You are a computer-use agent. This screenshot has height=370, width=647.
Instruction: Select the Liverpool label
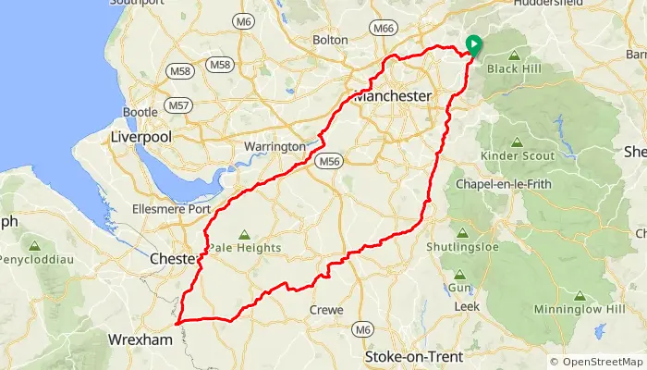tap(141, 136)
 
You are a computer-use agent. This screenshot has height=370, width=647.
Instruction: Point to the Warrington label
tap(274, 147)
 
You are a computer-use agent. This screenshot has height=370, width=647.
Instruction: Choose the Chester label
tap(173, 260)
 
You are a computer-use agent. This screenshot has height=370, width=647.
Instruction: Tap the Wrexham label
tap(140, 340)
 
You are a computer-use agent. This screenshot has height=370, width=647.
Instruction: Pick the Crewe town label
tap(326, 310)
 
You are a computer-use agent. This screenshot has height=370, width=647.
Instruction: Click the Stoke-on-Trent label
tap(413, 356)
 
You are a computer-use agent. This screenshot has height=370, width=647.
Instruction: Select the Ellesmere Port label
tap(173, 208)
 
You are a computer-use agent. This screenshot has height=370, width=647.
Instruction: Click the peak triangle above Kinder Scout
tap(516, 142)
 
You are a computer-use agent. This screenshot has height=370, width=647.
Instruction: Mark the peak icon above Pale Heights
tap(244, 236)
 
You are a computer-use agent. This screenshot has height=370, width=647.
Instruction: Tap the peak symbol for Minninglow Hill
tap(580, 296)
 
